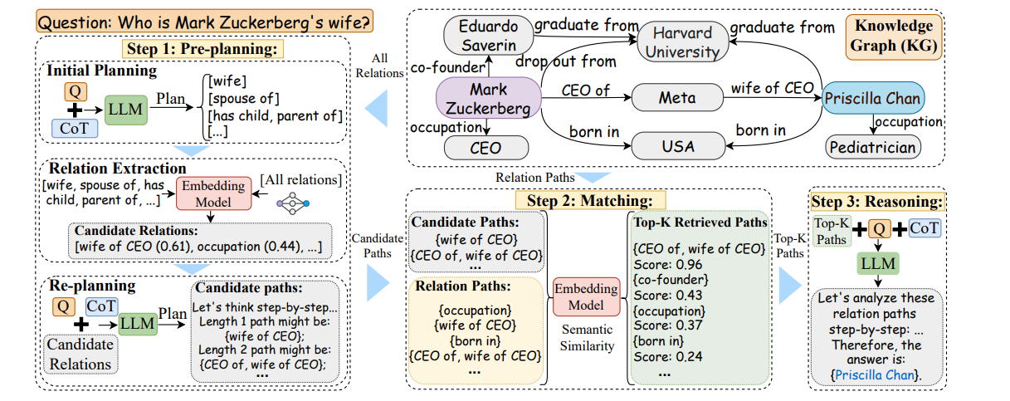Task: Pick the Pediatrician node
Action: (873, 148)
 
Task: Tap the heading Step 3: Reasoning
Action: (878, 202)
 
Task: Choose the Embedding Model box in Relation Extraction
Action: (213, 193)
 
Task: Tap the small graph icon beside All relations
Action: (292, 201)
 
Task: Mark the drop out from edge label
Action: (566, 61)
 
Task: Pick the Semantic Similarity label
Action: (586, 338)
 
